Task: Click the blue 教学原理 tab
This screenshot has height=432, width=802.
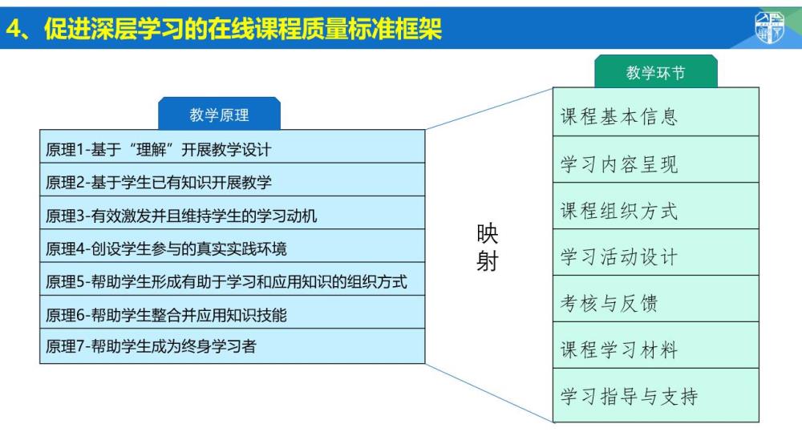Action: (x=220, y=114)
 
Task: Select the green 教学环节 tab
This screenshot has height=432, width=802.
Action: (x=656, y=71)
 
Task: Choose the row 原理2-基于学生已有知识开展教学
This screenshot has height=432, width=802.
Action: (x=233, y=180)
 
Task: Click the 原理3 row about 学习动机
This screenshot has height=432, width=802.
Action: (x=233, y=212)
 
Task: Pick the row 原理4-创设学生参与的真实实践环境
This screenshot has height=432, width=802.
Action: (x=233, y=246)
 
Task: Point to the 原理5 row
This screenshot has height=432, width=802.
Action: (x=233, y=279)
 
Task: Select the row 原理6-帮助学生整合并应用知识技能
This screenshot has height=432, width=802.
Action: (x=233, y=312)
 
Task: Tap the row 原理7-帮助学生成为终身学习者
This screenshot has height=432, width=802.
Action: (x=233, y=346)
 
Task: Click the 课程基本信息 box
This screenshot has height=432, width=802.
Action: (x=656, y=112)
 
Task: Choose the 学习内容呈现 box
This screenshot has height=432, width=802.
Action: (x=656, y=159)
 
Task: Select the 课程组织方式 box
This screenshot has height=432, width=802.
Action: (x=656, y=206)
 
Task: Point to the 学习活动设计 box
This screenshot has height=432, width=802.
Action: (x=656, y=252)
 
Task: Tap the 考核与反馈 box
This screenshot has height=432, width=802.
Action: (x=656, y=299)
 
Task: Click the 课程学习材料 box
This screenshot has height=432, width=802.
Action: (x=656, y=345)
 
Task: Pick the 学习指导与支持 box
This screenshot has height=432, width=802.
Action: (x=656, y=395)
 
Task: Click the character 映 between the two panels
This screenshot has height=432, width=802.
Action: (x=487, y=234)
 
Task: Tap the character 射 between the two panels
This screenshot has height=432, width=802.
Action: (x=487, y=261)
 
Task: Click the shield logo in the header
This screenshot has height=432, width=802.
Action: (x=769, y=27)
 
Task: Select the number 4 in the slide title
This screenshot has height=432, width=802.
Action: (x=14, y=29)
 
